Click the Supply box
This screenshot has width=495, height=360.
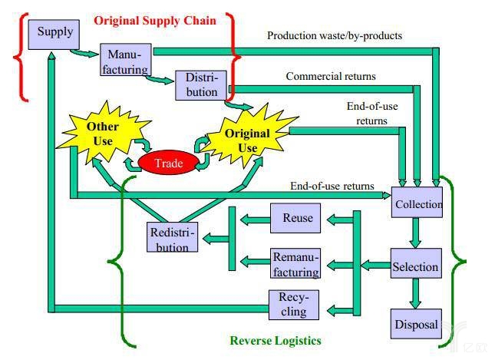pos(55,32)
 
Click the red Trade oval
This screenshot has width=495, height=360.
pos(169,163)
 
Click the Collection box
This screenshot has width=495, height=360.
pos(417,204)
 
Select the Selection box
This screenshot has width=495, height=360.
pos(415,266)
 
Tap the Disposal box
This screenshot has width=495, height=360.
pos(415,324)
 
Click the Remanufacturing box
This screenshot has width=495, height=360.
pos(295,264)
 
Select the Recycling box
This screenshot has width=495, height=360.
pos(292,305)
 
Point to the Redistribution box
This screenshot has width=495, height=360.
pos(173,238)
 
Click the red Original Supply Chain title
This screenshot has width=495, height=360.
pos(155,21)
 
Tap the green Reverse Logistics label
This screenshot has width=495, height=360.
pos(276,340)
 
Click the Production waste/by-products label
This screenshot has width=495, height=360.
pos(334,35)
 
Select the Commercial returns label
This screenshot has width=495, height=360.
pos(332,76)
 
